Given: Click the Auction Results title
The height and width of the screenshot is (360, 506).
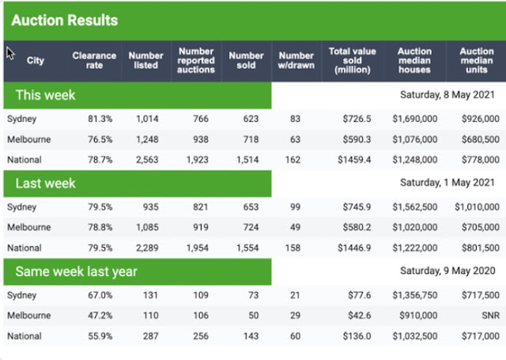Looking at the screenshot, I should (x=65, y=20).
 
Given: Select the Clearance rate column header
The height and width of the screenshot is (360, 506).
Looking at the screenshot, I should (x=94, y=60).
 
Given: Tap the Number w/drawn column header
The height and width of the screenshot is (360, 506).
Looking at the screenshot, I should (x=296, y=60).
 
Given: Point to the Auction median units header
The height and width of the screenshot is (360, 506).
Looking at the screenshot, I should (x=477, y=60).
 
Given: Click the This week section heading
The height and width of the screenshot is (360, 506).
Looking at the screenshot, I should (x=46, y=95).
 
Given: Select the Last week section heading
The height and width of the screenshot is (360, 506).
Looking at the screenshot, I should (x=46, y=183).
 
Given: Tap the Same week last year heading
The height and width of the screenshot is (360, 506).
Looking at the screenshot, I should (x=77, y=271).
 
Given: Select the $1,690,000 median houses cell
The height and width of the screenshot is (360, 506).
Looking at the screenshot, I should (x=415, y=119).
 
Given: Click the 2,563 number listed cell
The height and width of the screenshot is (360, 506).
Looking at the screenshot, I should (x=148, y=160).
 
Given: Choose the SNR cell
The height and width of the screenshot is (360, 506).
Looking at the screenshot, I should (x=489, y=316).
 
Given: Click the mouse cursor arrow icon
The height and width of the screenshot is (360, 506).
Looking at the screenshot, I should (x=10, y=53).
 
